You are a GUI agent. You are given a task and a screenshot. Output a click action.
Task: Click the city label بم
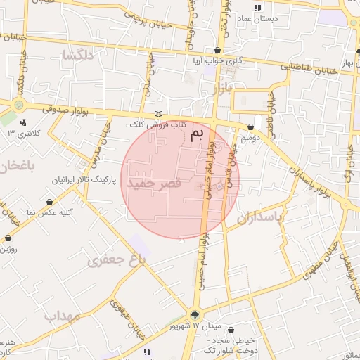point(200,133)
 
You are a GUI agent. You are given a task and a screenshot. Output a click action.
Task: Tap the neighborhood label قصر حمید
point(154,183)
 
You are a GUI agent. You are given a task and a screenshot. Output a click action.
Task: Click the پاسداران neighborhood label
point(259,217)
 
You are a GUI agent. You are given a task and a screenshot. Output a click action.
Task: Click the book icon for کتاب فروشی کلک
point(159,114)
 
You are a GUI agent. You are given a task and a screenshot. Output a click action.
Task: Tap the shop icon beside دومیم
point(251,127)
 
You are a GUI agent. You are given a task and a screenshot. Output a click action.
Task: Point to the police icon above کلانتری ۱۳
point(23,122)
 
